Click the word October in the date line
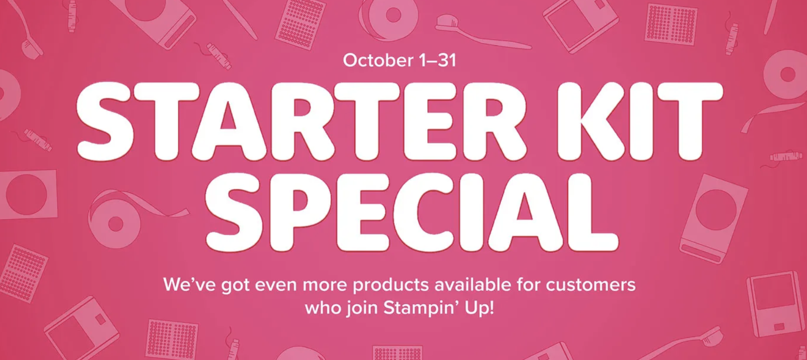tap(378, 60)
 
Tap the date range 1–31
tap(438, 60)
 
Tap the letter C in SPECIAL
tap(432, 213)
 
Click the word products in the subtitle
tap(390, 285)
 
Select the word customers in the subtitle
tap(590, 285)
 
